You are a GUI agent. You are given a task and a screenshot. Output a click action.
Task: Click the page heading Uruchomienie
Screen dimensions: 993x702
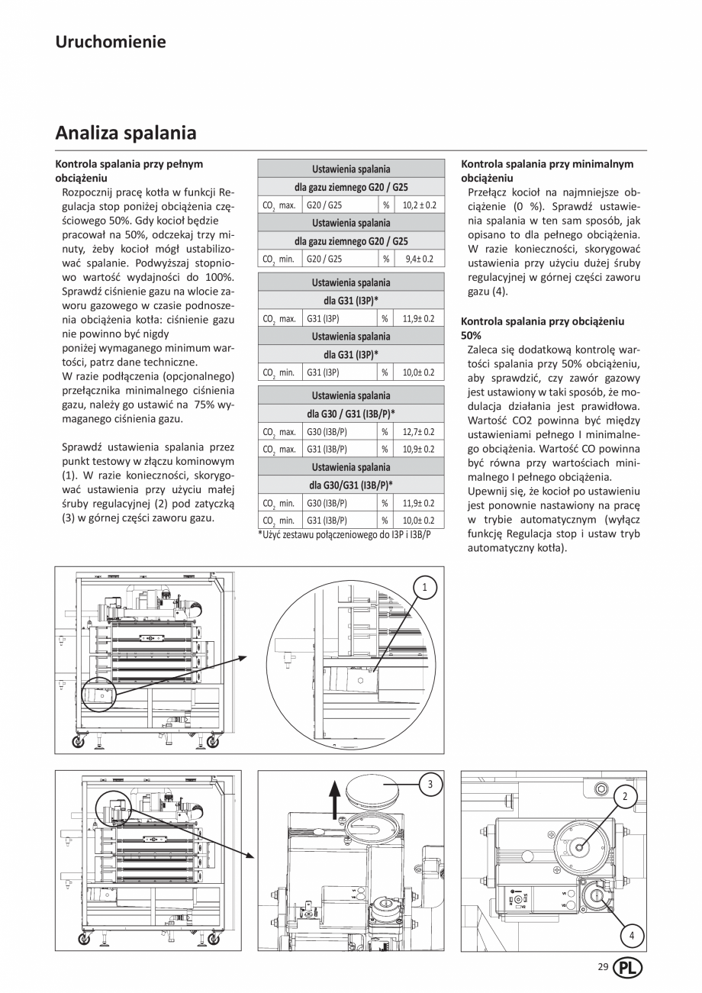pos(111,41)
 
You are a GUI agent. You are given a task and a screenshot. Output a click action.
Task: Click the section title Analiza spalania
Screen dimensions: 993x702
pos(126,133)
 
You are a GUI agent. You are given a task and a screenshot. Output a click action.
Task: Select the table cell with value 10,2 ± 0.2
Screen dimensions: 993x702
pos(419,205)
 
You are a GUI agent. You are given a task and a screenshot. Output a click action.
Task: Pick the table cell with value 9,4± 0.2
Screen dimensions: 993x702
pos(419,259)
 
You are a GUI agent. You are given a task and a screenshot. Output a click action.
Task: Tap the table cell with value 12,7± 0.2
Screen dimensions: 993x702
pos(419,431)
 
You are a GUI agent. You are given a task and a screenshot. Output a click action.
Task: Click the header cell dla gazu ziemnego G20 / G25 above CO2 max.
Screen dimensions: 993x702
pos(351,187)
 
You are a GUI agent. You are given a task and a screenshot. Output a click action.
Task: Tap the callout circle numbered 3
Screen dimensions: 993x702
pos(430,784)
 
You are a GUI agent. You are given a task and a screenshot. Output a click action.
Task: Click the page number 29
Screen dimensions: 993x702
pos(603,967)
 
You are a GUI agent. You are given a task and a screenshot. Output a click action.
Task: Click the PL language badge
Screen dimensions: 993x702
pos(630,968)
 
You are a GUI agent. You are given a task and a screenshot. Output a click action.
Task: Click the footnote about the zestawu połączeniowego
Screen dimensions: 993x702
pos(344,536)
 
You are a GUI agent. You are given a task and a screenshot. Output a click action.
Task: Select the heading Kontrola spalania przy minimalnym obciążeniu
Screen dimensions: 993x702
pos(547,170)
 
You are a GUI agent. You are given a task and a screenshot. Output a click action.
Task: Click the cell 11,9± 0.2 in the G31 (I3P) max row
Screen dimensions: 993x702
pos(419,318)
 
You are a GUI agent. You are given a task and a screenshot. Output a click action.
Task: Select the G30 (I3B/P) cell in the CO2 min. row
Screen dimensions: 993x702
pos(341,503)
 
